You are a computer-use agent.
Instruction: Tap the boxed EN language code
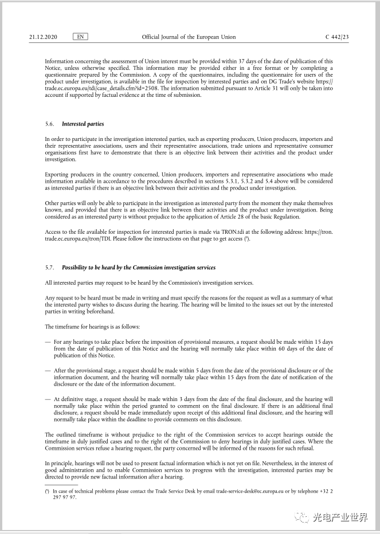pyautogui.click(x=81, y=37)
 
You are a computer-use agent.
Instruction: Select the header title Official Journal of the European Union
pyautogui.click(x=189, y=37)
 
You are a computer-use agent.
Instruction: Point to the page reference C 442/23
pyautogui.click(x=337, y=37)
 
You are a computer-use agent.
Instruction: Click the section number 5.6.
pyautogui.click(x=49, y=124)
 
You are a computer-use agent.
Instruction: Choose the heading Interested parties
pyautogui.click(x=83, y=124)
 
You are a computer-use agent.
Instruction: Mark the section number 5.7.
pyautogui.click(x=49, y=268)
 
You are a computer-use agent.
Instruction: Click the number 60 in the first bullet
pyautogui.click(x=281, y=349)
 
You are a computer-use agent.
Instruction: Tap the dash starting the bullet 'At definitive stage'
pyautogui.click(x=48, y=399)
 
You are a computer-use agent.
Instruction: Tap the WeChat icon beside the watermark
pyautogui.click(x=301, y=518)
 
